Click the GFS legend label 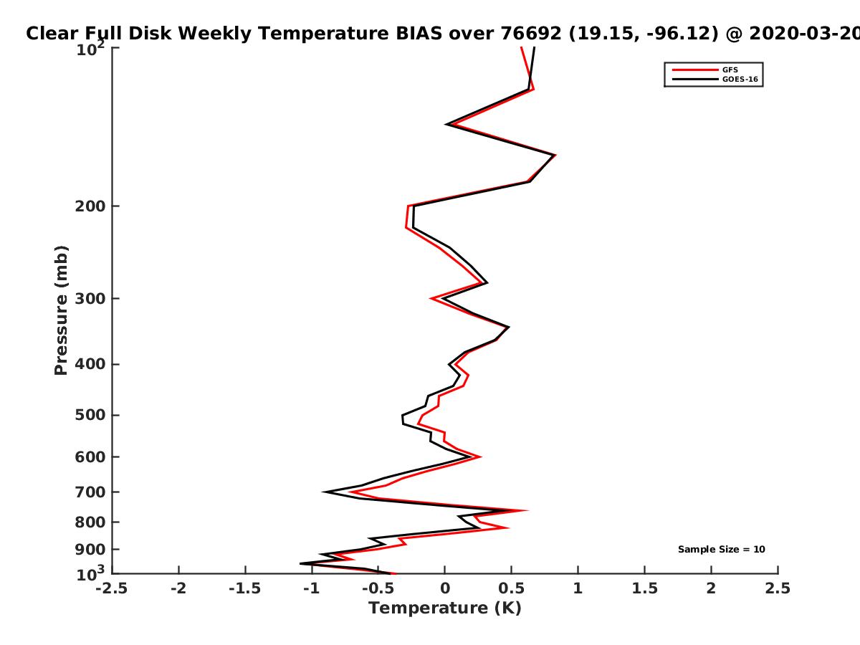(x=730, y=70)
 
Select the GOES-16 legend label (x=740, y=79)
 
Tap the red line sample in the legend (x=695, y=70)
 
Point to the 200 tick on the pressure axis (x=90, y=206)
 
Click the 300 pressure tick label (x=90, y=298)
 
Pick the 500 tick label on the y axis (x=90, y=415)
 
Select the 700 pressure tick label (x=90, y=492)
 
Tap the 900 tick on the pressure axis (x=90, y=550)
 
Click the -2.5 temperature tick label (x=112, y=588)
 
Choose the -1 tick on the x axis (x=312, y=588)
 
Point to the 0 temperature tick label (x=445, y=588)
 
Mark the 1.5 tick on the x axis (x=644, y=588)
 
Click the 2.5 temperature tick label (x=778, y=588)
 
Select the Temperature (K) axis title (x=445, y=608)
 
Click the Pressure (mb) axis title (x=61, y=310)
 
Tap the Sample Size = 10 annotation (x=721, y=549)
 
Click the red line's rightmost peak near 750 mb (x=527, y=510)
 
